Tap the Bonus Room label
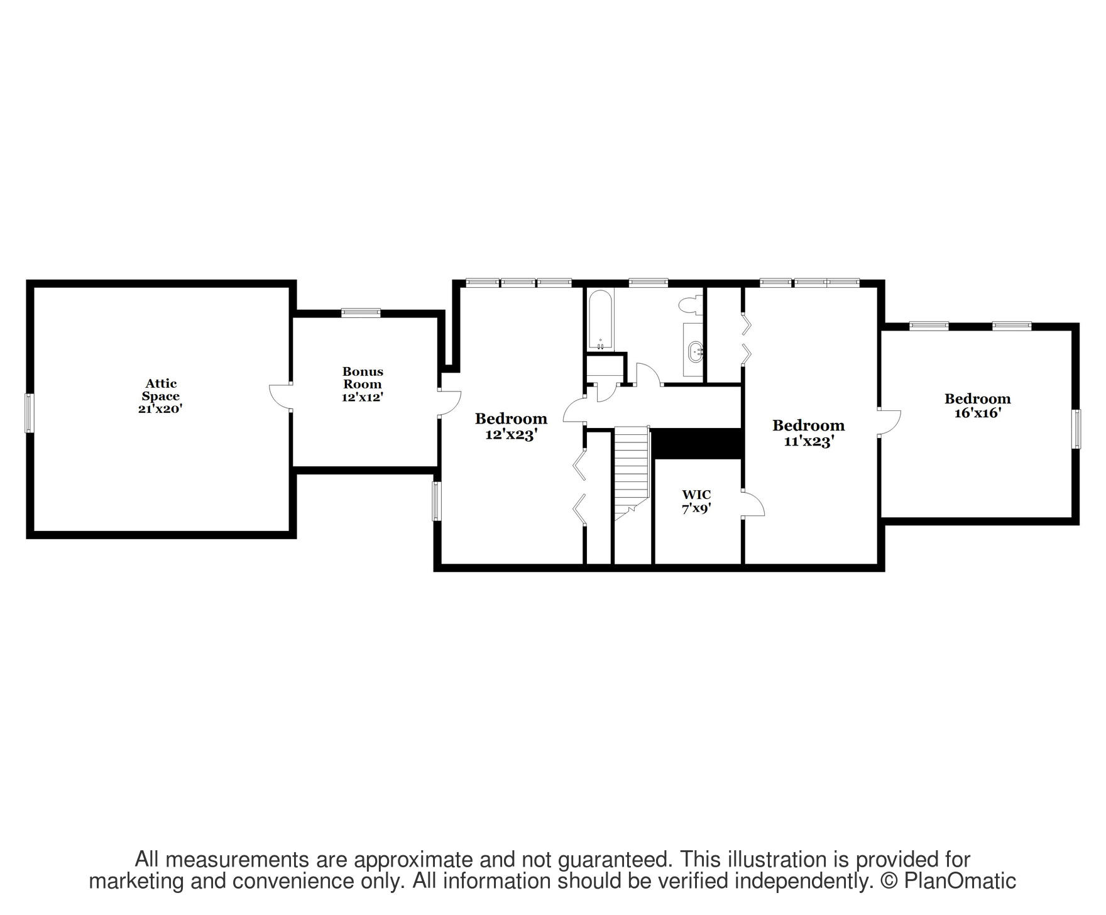tap(363, 378)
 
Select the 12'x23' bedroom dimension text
tap(511, 434)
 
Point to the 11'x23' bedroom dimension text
tap(808, 441)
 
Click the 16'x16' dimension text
tap(977, 413)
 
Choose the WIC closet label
tap(696, 495)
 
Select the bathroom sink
tap(695, 352)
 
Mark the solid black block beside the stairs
tap(698, 444)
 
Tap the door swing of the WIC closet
tap(754, 505)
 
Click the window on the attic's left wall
tap(29, 413)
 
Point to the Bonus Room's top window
tap(361, 312)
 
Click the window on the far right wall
tap(1076, 429)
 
